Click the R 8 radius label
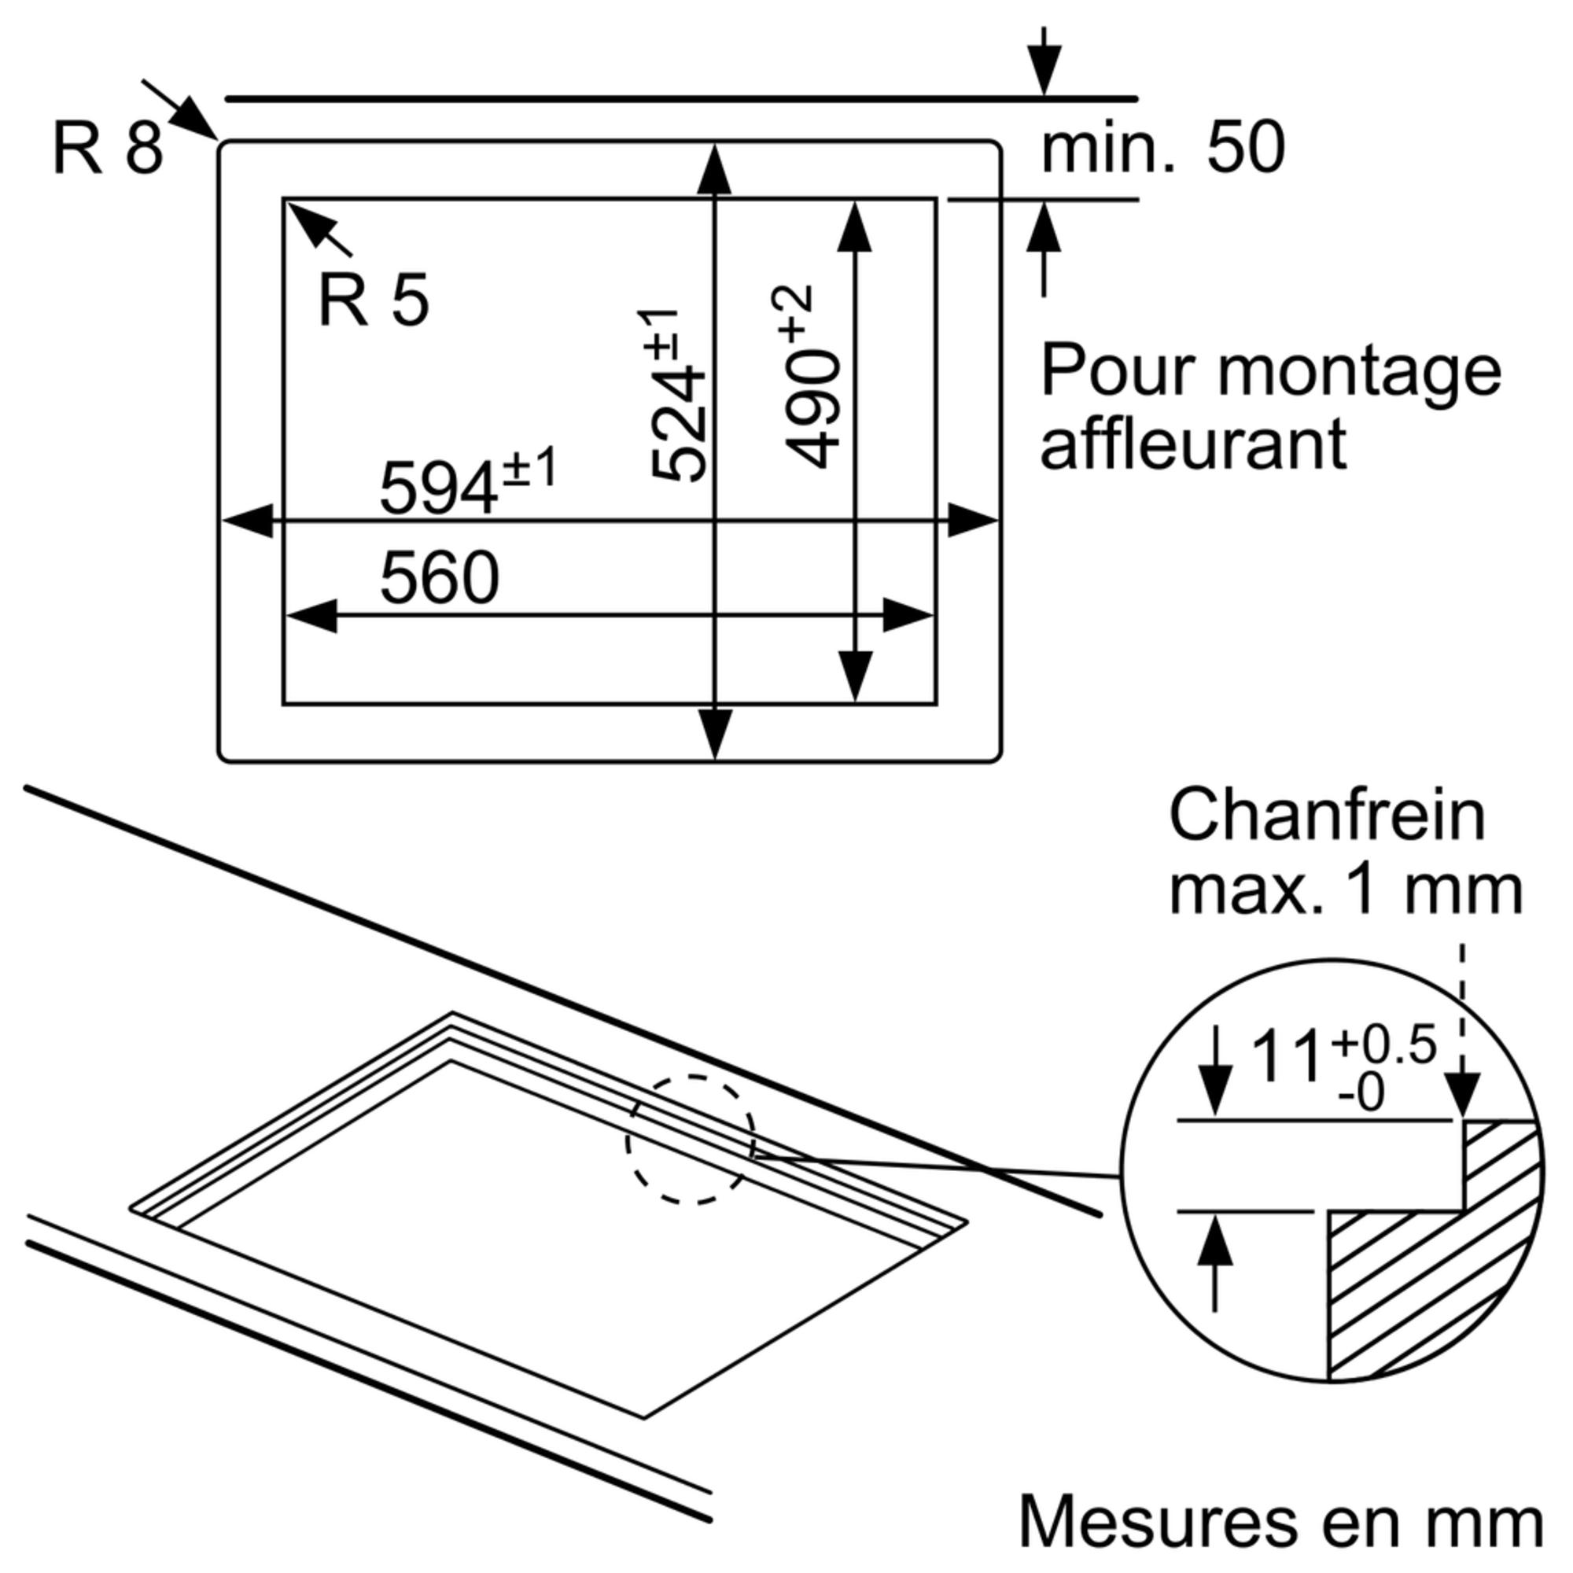108,148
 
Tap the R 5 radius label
373,300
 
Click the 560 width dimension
439,577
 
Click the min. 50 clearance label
1163,149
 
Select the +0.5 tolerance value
1383,1044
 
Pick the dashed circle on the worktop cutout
691,1138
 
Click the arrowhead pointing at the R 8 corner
196,120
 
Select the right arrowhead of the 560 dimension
908,616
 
